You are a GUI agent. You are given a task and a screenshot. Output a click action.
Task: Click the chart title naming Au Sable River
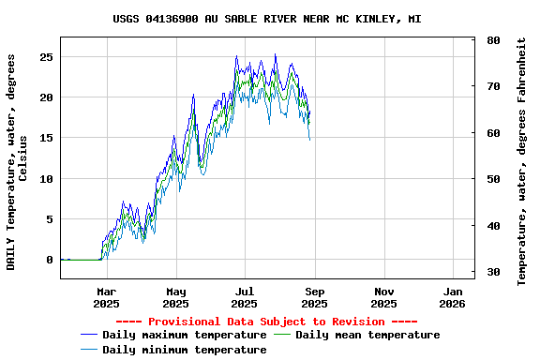[267, 19]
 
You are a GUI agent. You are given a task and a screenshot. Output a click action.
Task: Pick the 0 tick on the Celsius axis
[49, 261]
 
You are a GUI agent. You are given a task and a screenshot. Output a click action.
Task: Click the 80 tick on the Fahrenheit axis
[493, 41]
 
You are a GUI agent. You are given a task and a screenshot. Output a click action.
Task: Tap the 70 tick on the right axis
[493, 86]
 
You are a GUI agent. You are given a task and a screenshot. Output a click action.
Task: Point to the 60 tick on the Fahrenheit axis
[493, 133]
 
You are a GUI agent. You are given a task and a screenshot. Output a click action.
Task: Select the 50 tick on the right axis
[493, 179]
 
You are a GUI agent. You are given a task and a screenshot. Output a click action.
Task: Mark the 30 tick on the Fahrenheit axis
[493, 272]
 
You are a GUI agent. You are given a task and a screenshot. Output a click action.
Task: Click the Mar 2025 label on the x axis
[107, 297]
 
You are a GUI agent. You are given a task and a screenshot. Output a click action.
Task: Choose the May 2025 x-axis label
[175, 297]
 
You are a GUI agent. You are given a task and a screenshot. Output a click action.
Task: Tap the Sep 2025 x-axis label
[314, 297]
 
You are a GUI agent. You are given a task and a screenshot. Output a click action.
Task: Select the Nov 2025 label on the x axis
[383, 297]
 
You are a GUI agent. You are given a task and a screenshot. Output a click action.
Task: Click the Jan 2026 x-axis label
[453, 297]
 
